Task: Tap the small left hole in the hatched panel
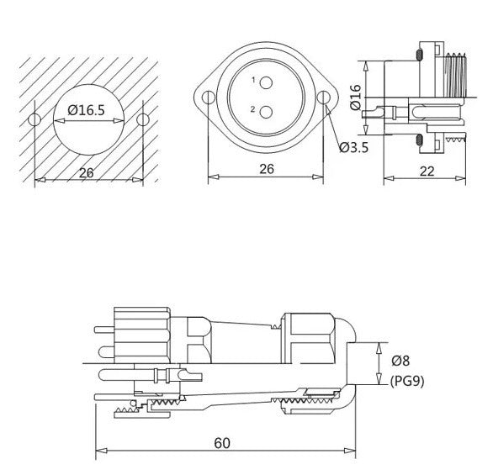coord(34,119)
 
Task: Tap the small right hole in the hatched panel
coord(143,119)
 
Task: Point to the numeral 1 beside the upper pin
coord(252,80)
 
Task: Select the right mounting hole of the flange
coord(323,98)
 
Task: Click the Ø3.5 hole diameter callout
coord(354,148)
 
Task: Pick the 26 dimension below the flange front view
coord(265,169)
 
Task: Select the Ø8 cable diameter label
coord(400,362)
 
